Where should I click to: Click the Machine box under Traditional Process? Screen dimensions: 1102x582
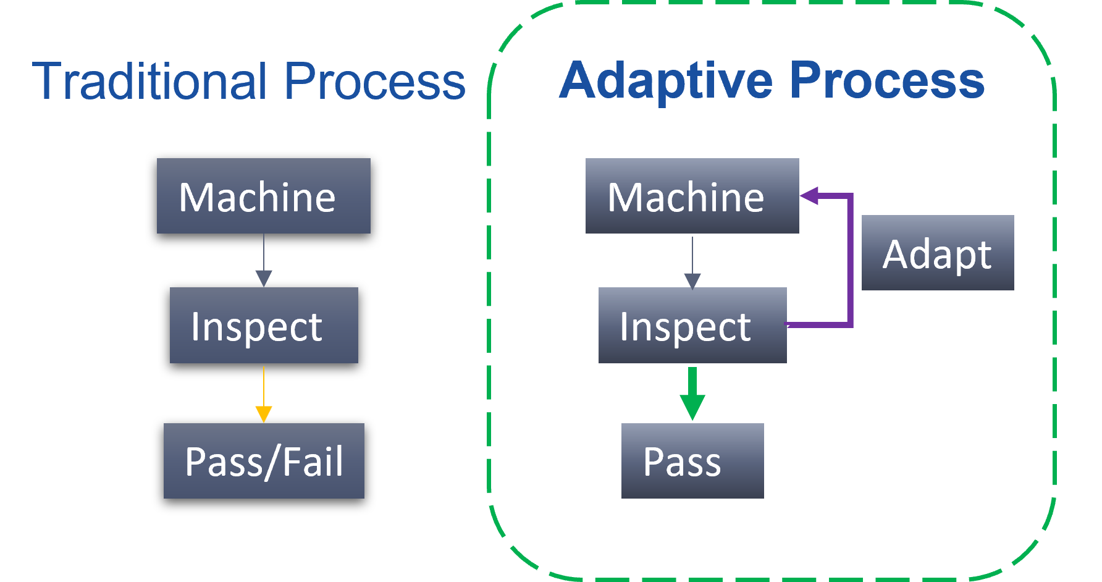264,196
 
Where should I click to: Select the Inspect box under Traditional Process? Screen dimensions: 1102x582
264,325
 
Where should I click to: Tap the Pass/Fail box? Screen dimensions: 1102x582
264,461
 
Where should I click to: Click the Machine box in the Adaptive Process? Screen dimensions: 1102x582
692,196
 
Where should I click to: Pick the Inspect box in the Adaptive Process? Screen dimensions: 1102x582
692,325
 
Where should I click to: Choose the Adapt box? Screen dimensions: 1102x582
938,253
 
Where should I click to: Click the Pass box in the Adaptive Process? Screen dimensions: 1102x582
692,461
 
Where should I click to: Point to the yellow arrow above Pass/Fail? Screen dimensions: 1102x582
264,394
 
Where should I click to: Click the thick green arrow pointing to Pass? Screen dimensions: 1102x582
692,394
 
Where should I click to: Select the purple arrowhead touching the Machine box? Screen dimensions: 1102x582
809,196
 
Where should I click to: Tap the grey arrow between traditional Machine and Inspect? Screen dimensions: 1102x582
264,260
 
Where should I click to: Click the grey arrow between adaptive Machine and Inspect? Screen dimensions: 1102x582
692,263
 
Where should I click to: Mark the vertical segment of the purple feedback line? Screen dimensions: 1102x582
850,260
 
